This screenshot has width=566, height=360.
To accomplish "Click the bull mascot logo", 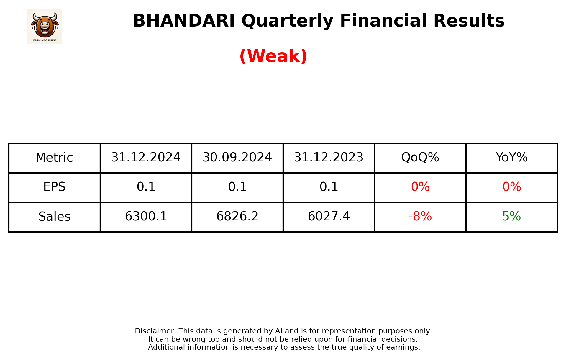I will coord(44,26).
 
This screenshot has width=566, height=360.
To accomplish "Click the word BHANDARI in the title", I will coord(184,21).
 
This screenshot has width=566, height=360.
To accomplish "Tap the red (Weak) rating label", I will coord(273,56).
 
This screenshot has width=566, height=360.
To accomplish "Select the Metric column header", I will coord(54,158).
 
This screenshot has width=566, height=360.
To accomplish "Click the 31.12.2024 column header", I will coord(146,158).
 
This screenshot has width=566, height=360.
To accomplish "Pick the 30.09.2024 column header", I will coord(237,158).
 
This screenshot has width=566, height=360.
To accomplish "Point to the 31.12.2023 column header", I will coord(329,158).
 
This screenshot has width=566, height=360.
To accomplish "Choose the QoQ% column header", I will coord(420,158).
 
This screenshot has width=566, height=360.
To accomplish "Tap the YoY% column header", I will coord(511,158).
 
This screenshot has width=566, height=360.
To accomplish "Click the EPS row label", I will coord(54,187).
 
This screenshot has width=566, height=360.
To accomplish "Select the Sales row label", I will coord(54,217).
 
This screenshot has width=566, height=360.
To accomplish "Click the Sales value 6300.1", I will coord(146,217).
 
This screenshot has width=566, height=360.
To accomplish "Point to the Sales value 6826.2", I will coord(237,217).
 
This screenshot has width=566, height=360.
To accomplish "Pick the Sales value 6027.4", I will coord(329,217).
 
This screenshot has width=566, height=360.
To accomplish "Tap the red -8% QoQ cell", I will coord(420,217).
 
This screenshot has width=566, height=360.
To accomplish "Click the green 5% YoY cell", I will coord(511,217).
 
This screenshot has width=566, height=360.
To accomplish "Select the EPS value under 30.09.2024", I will coord(237,187).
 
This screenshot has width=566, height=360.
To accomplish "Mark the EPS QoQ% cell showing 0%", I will coord(420,187).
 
